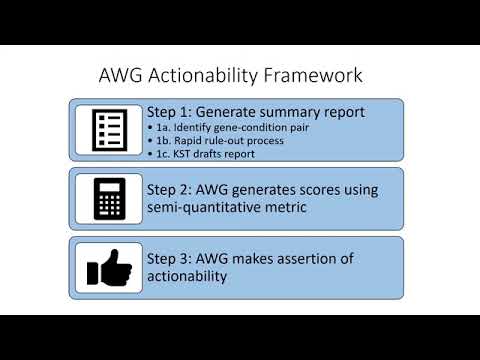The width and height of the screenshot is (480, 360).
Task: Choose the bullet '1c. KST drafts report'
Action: [195, 155]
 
